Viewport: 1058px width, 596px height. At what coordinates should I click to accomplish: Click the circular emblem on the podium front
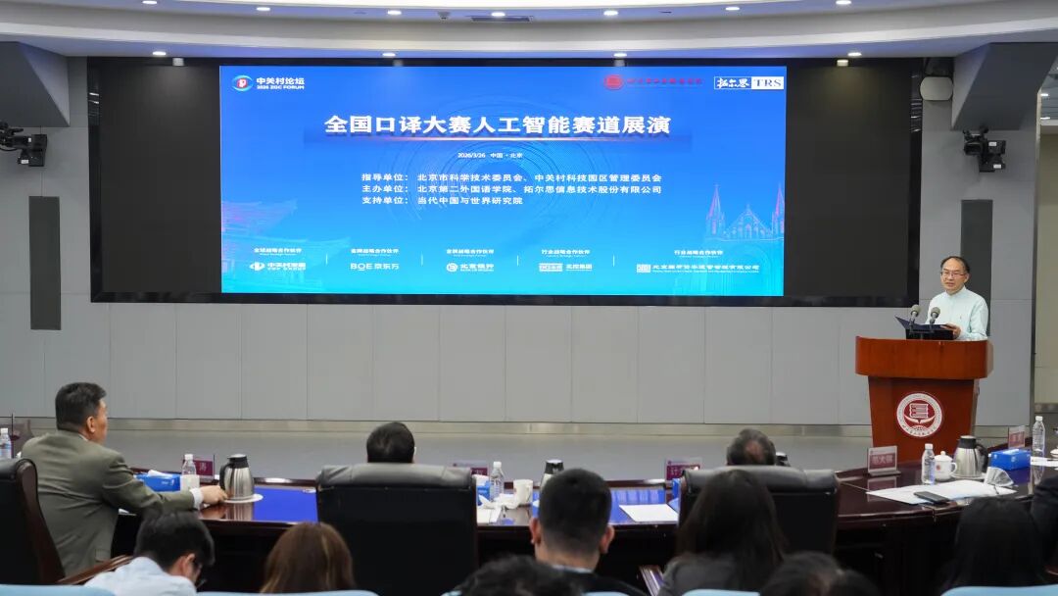click(919, 415)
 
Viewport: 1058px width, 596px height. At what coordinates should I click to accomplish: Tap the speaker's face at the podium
click(954, 273)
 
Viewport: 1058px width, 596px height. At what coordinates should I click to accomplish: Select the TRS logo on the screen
click(768, 83)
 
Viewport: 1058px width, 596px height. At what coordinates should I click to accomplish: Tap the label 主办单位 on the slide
click(385, 188)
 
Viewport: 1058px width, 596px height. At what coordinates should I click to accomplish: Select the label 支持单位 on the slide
click(385, 200)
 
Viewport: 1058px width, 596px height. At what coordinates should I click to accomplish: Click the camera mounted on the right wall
click(984, 148)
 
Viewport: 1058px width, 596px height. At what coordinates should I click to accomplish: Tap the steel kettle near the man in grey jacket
click(237, 477)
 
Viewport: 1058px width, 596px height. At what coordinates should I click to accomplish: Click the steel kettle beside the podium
click(968, 456)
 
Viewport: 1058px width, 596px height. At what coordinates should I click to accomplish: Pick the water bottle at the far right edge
click(1037, 435)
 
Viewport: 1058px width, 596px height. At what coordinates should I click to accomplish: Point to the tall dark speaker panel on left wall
click(44, 263)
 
